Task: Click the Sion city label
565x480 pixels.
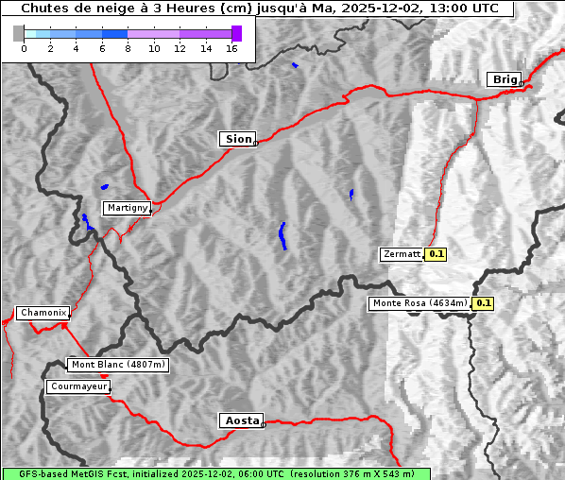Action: pos(238,139)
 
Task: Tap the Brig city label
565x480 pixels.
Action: pos(504,79)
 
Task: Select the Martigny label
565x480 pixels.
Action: pos(127,208)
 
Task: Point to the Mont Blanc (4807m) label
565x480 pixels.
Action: pos(118,365)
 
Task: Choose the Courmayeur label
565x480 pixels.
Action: pos(78,386)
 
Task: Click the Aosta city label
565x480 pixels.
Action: pos(240,420)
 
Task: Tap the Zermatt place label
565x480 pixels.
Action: pos(402,254)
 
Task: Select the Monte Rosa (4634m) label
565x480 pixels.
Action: pos(419,303)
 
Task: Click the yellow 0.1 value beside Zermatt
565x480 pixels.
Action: pos(437,254)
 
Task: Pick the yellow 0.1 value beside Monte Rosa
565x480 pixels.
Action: pos(483,303)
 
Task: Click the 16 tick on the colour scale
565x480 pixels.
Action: pos(231,49)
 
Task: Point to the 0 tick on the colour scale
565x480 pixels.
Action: pos(24,49)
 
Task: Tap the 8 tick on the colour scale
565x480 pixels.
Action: pos(128,49)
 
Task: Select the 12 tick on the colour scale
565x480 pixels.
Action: pos(180,49)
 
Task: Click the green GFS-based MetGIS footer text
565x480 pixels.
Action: pos(215,473)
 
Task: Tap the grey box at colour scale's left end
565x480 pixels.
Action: pos(19,33)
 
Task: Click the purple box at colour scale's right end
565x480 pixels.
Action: pos(236,33)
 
